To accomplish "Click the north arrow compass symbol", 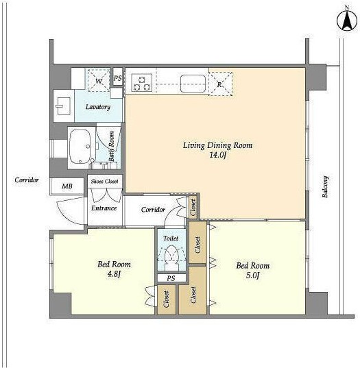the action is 347,21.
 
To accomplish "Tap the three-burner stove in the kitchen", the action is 142,82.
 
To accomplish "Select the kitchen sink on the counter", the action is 193,84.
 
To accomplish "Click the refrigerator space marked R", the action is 220,84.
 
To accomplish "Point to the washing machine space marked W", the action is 99,80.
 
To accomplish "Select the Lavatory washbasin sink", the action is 63,106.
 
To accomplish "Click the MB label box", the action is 67,186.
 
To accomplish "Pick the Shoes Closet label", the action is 104,181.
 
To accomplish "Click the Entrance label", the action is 104,208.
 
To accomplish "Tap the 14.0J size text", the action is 217,155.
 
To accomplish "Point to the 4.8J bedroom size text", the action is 114,274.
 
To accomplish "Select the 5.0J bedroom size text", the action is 252,275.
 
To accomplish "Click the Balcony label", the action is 325,186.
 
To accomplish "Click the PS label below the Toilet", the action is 171,278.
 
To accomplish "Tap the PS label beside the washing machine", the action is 118,78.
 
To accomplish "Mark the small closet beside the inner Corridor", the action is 193,208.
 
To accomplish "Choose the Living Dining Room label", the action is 217,145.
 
